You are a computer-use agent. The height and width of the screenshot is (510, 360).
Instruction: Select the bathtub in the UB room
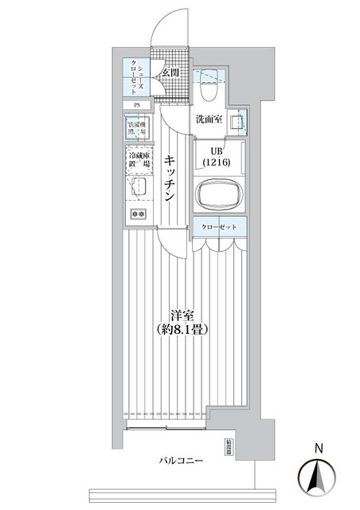point(217,195)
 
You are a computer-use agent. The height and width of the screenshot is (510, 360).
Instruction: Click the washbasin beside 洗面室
point(237,122)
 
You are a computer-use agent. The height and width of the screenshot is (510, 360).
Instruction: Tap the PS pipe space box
point(137,104)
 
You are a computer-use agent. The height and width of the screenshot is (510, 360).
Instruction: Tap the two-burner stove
point(137,214)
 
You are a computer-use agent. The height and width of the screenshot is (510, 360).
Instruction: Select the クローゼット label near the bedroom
point(218,228)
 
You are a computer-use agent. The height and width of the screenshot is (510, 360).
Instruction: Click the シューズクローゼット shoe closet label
point(137,77)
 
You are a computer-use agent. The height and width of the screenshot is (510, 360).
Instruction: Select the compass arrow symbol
point(317,476)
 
